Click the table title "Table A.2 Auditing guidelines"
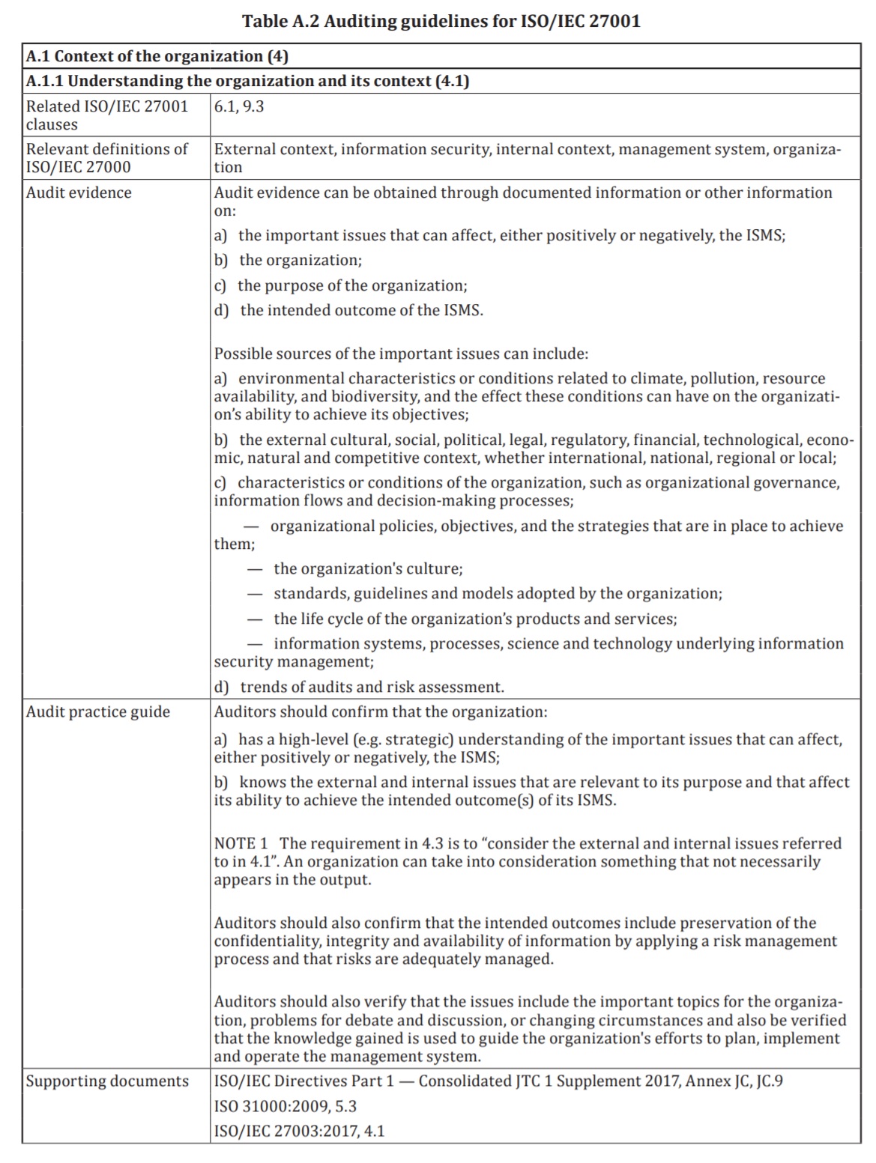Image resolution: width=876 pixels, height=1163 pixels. (x=441, y=21)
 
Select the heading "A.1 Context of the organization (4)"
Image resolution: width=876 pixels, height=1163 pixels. (x=157, y=56)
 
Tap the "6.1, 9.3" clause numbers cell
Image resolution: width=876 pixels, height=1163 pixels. (x=239, y=106)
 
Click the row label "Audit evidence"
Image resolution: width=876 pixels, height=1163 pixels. (x=79, y=192)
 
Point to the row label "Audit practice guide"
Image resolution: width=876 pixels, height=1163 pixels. (x=98, y=711)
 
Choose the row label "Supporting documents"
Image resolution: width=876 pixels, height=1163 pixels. (x=107, y=1081)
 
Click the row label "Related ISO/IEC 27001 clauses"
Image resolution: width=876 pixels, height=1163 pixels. (x=107, y=115)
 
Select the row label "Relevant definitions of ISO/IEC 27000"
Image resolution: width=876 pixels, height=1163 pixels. (x=107, y=157)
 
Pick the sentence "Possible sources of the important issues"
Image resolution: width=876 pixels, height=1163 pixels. (x=401, y=353)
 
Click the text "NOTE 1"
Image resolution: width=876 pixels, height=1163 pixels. (x=241, y=843)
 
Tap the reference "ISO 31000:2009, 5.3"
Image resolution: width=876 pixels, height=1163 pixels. (x=286, y=1106)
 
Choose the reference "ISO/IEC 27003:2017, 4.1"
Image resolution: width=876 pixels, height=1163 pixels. (x=299, y=1131)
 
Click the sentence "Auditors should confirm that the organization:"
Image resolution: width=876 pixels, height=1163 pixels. (x=381, y=711)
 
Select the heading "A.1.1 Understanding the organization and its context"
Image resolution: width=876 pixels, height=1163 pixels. (x=247, y=81)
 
